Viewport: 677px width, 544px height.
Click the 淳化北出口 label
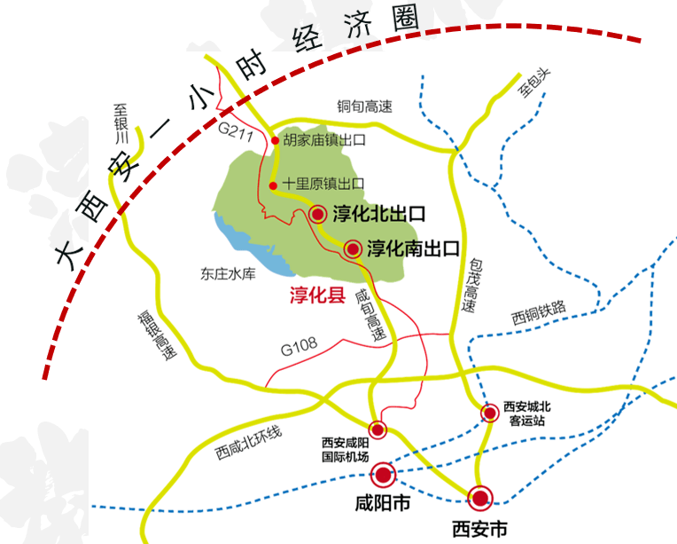379,214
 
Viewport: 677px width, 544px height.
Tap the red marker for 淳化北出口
319,213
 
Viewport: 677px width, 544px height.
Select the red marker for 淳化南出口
353,248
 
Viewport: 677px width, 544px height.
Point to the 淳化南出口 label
414,248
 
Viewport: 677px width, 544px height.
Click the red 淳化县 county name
317,296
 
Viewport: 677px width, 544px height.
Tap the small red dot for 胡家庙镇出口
276,140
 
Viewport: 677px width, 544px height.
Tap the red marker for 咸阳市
383,475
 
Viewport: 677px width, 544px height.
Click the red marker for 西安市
481,497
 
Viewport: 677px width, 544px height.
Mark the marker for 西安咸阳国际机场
378,430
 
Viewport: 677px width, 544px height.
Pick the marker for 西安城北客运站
489,413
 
